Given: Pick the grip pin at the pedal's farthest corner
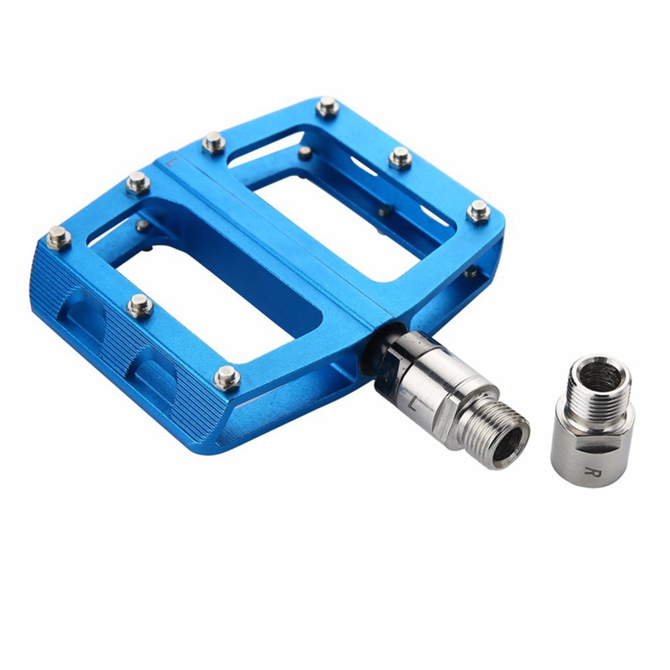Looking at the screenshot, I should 327,106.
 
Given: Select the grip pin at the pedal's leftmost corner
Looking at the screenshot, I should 58,238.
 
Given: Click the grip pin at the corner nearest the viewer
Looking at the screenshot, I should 226,378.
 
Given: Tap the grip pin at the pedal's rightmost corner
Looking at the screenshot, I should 478,211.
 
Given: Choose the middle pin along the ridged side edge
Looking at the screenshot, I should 139,305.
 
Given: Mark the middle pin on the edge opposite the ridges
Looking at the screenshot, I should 400,158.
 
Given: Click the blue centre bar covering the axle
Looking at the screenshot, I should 275,242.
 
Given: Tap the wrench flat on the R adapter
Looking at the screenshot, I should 592,451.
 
